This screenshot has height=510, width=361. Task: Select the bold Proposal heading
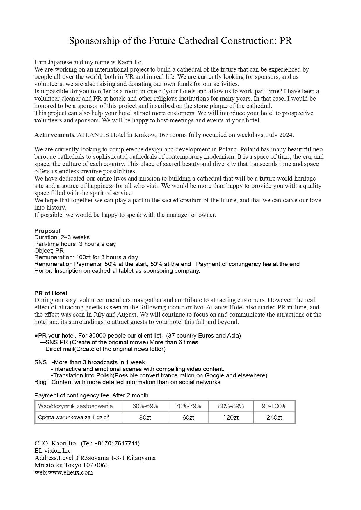pyautogui.click(x=47, y=231)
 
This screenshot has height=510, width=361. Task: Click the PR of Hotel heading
pyautogui.click(x=51, y=293)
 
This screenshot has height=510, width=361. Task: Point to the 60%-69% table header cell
pyautogui.click(x=145, y=406)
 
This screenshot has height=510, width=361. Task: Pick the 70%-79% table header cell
pyautogui.click(x=188, y=406)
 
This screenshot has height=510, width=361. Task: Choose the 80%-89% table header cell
pyautogui.click(x=231, y=406)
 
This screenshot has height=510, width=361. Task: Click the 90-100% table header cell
pyautogui.click(x=274, y=406)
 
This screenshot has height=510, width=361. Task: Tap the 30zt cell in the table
pyautogui.click(x=145, y=418)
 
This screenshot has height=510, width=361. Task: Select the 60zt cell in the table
pyautogui.click(x=188, y=418)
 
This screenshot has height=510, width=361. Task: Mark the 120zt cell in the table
pyautogui.click(x=231, y=418)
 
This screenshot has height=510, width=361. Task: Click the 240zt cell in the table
pyautogui.click(x=274, y=418)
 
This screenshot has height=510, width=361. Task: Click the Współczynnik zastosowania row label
pyautogui.click(x=75, y=406)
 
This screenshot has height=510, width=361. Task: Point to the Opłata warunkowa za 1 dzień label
pyautogui.click(x=74, y=418)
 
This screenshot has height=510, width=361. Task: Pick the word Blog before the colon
pyautogui.click(x=40, y=382)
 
